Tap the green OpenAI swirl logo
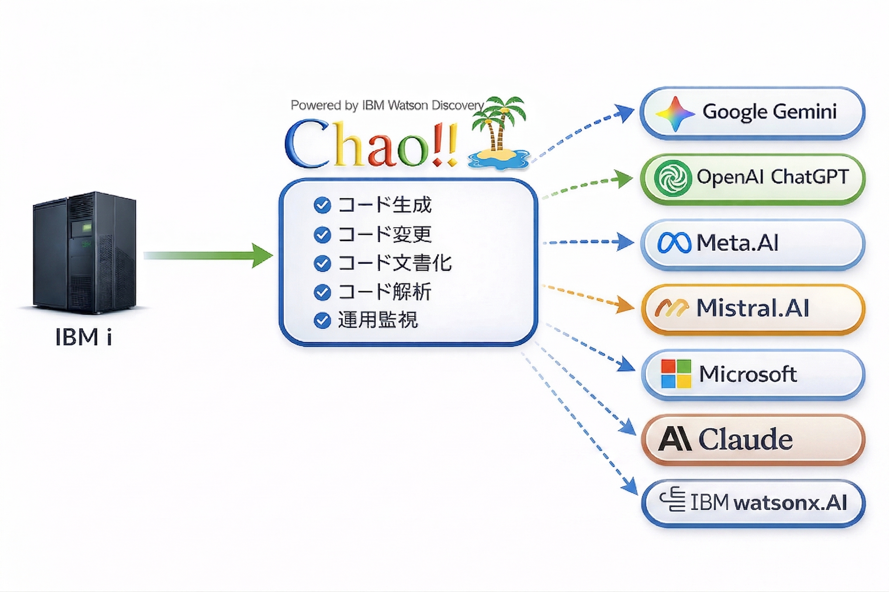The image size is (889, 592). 673,178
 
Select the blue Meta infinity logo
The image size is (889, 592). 674,243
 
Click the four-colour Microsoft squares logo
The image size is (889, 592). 676,374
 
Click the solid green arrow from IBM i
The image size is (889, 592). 208,256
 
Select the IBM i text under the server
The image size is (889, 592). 83,337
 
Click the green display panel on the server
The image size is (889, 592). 87,227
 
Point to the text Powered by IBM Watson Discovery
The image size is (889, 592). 387,105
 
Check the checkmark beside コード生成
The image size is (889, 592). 322,205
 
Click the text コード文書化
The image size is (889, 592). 394,263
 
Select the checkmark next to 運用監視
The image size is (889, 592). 322,321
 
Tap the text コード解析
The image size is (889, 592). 384,292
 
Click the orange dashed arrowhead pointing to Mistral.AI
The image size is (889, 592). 625,305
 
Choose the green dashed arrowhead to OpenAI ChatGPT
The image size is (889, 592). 624,179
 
